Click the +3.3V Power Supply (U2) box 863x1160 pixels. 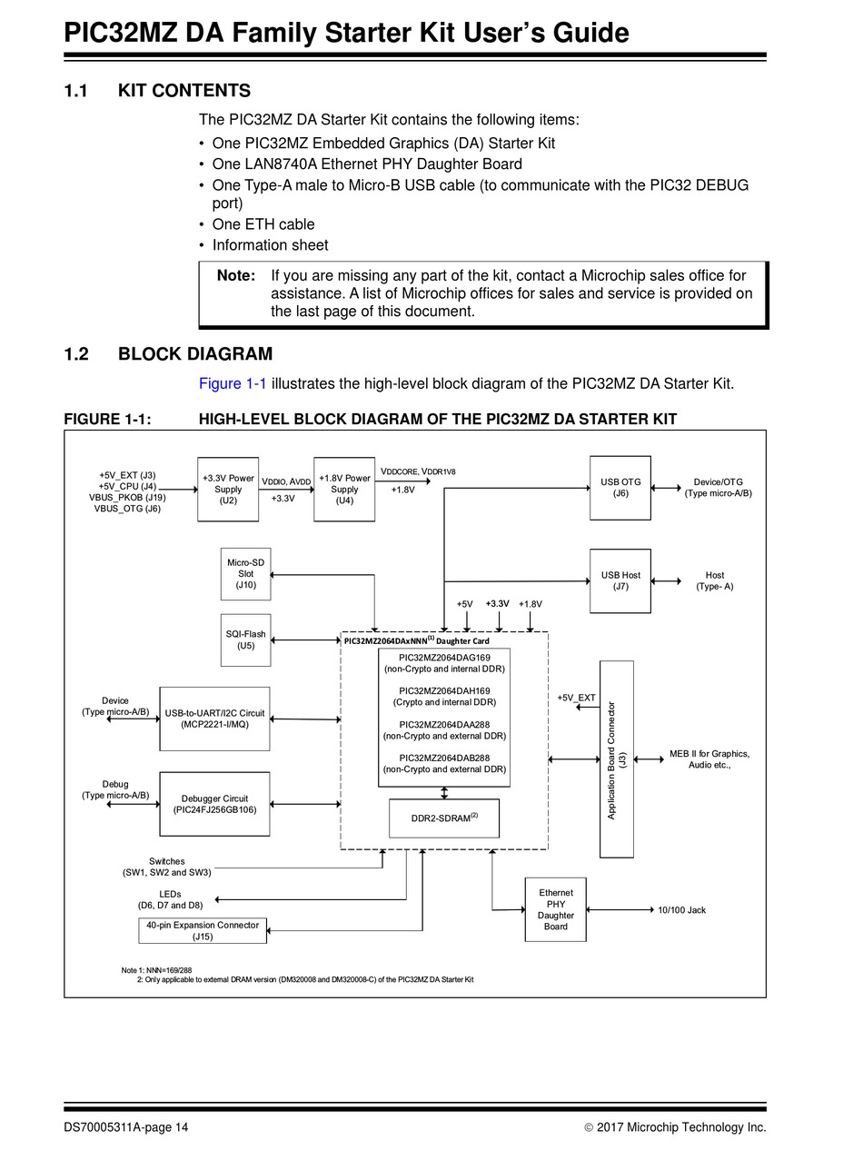point(227,489)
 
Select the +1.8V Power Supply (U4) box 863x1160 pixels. point(344,489)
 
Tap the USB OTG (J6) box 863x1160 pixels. point(620,488)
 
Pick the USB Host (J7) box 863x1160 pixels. point(620,580)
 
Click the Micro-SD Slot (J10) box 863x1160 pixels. point(246,574)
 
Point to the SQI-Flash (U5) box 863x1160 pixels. point(246,640)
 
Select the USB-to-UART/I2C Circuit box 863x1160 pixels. point(214,719)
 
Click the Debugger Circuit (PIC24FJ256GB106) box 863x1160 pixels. point(214,804)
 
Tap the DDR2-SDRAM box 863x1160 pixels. point(444,818)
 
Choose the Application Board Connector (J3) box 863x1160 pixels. point(617,759)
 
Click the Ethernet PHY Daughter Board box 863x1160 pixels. point(555,909)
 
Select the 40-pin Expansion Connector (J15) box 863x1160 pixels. point(203,930)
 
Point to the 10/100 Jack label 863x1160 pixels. point(681,910)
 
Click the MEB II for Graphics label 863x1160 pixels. point(709,754)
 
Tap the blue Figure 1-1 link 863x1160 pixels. point(233,383)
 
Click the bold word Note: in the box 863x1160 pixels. point(236,275)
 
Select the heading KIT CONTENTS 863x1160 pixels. point(184,91)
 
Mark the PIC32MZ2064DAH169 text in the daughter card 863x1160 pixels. point(444,691)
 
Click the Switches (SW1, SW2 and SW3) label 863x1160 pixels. point(167,867)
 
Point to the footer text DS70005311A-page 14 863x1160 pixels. point(125,1127)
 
